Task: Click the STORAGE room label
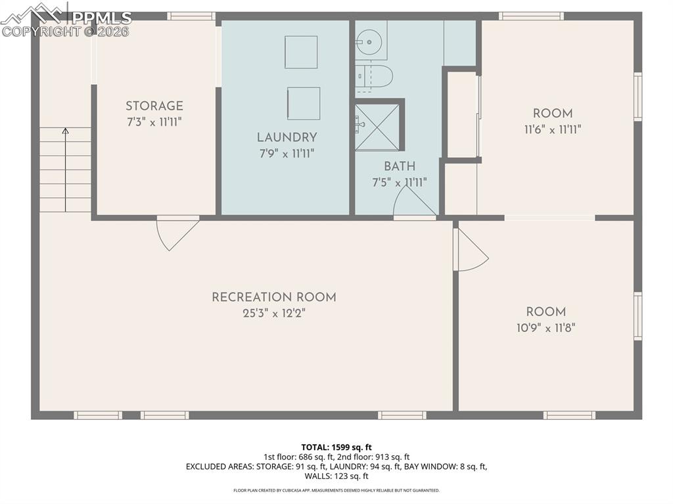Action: point(154,106)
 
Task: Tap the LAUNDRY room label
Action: point(287,137)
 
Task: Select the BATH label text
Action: point(400,166)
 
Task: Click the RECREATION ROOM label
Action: point(273,297)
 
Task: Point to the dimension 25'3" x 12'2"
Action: point(273,313)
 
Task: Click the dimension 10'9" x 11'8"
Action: point(545,327)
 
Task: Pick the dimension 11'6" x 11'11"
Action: point(552,129)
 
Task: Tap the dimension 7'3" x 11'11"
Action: point(154,122)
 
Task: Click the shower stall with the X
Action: point(377,127)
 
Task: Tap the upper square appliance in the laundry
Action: point(301,52)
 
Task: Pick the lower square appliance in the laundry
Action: point(304,103)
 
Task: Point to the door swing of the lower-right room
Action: point(470,250)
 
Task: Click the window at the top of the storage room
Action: point(191,16)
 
